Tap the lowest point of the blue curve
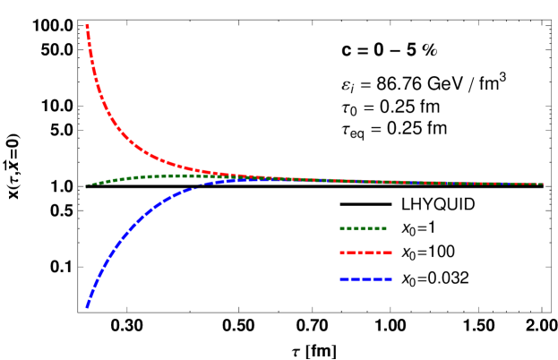[x=87, y=306]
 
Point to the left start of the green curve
[x=88, y=185]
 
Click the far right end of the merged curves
[x=541, y=184]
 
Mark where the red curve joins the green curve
[x=269, y=178]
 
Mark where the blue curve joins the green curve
[x=242, y=179]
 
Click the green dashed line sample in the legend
[x=363, y=228]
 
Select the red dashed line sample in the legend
[x=365, y=253]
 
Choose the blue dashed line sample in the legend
[x=365, y=279]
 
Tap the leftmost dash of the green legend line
[x=342, y=228]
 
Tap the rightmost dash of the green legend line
[x=383, y=228]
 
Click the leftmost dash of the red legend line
[x=342, y=253]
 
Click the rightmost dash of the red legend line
[x=388, y=253]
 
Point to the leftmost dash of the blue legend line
[x=342, y=279]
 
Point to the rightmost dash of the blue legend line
[x=388, y=279]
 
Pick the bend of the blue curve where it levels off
[x=166, y=200]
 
